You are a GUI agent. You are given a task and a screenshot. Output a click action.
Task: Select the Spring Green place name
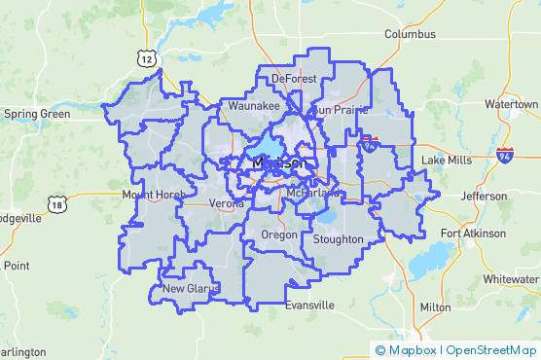tap(37, 114)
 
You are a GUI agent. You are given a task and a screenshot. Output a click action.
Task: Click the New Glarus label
tap(191, 288)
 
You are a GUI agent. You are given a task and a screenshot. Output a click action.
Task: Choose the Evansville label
tap(309, 305)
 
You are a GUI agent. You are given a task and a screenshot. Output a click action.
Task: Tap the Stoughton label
tap(338, 239)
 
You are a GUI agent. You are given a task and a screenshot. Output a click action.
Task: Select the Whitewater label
tap(512, 278)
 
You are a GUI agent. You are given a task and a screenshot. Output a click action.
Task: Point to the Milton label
tap(434, 306)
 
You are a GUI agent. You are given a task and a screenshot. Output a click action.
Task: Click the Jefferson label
tap(484, 196)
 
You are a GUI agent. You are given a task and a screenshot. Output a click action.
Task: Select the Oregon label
tap(280, 235)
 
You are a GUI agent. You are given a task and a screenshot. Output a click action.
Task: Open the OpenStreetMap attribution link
tap(491, 350)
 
